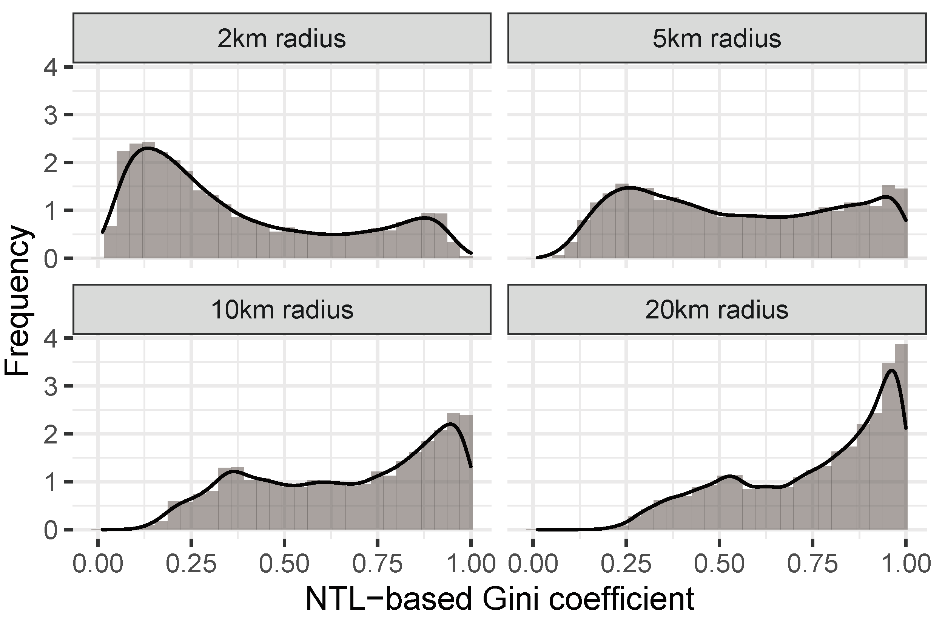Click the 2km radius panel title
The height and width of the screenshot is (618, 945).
[282, 39]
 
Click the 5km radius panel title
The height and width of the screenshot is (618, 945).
[717, 39]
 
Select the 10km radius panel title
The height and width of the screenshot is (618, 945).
[282, 310]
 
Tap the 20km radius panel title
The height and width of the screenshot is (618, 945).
[717, 310]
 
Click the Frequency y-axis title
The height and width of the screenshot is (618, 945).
[17, 300]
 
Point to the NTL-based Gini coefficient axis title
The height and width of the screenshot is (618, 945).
[500, 599]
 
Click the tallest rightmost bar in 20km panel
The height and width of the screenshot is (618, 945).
[900, 437]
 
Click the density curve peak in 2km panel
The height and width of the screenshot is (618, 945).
[147, 148]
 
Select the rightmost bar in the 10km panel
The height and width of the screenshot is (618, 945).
[467, 473]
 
